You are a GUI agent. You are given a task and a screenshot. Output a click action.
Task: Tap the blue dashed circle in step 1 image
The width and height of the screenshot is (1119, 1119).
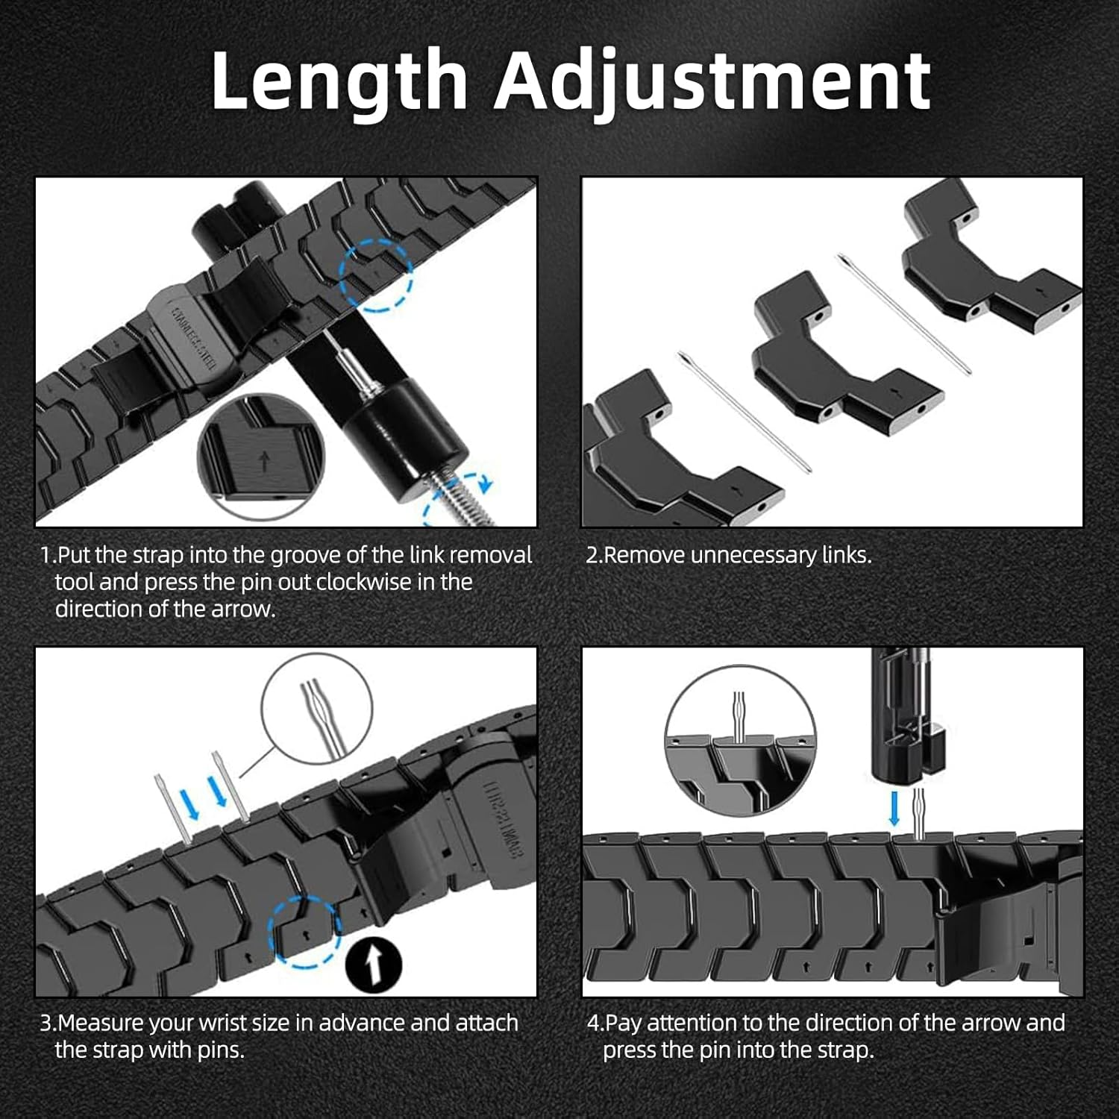click(x=376, y=275)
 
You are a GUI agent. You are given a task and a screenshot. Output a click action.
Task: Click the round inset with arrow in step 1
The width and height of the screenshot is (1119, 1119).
click(x=261, y=455)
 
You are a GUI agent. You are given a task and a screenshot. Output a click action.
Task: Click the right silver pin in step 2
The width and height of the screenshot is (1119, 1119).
click(x=903, y=313)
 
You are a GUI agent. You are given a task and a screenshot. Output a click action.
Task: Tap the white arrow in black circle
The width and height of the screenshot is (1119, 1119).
click(x=374, y=964)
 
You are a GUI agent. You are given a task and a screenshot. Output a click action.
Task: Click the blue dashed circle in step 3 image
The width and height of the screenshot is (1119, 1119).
click(x=304, y=932)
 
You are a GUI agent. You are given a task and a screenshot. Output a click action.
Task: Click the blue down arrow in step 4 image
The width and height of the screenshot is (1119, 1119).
click(x=894, y=809)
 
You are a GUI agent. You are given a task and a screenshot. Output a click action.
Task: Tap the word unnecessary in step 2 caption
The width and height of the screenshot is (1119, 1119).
click(x=753, y=556)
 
